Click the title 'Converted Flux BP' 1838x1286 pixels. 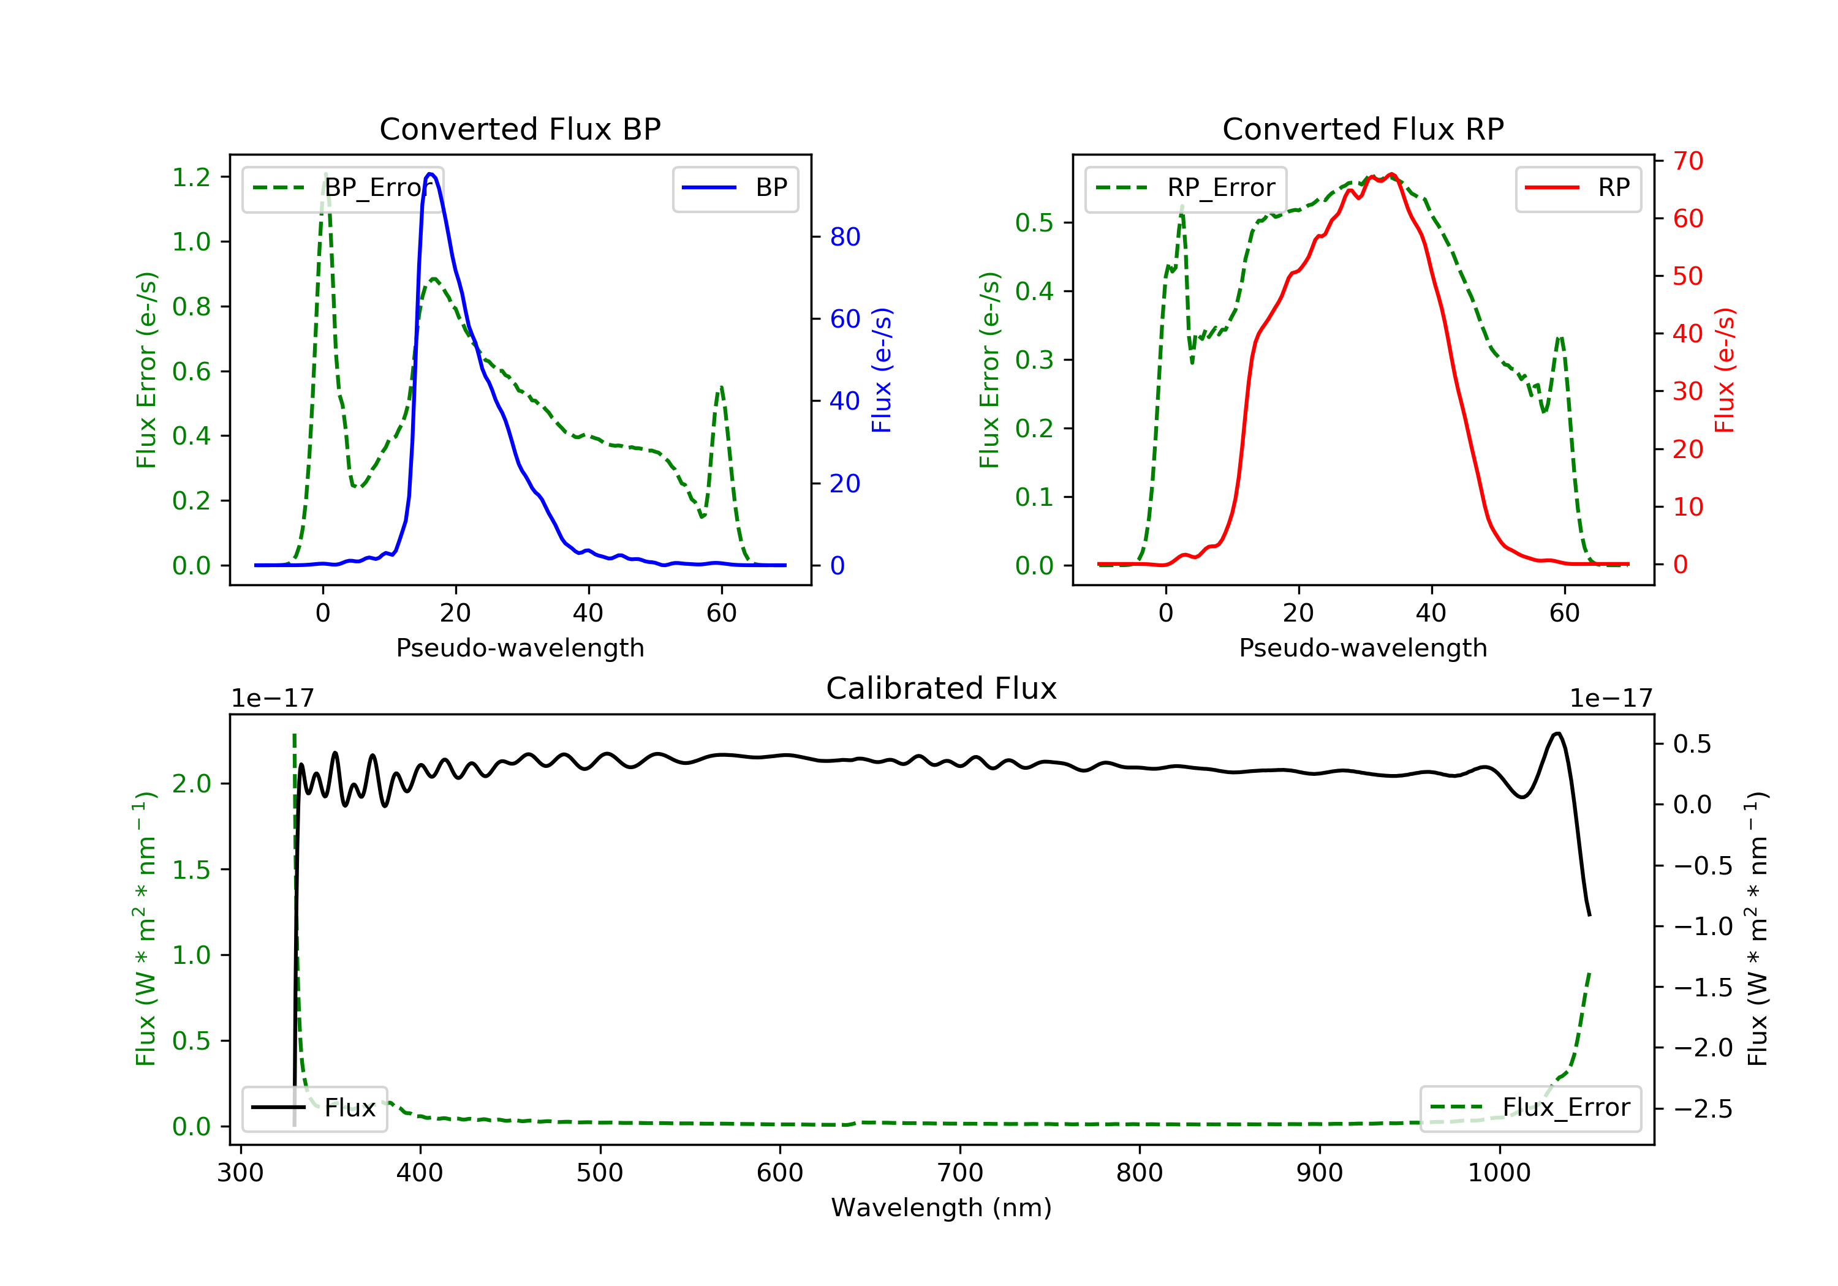tap(520, 129)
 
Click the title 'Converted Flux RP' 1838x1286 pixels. tap(1363, 129)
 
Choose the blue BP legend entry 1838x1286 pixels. tap(735, 188)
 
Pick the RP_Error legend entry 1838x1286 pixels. tap(1186, 188)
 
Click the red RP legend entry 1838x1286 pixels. tap(1578, 188)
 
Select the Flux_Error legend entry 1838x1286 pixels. tap(1530, 1108)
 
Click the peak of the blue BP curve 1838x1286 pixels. tap(431, 174)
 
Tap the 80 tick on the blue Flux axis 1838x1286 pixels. tap(844, 237)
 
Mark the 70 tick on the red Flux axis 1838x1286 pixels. tap(1687, 161)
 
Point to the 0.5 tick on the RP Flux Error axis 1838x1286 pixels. tap(1034, 222)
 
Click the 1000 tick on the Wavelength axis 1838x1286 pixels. tap(1499, 1173)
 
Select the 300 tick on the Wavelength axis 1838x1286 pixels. tap(241, 1173)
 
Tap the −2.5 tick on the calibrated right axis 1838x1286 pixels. tap(1702, 1109)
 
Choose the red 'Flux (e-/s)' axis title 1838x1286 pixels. tap(1724, 370)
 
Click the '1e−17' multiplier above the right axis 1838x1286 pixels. tap(1611, 699)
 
